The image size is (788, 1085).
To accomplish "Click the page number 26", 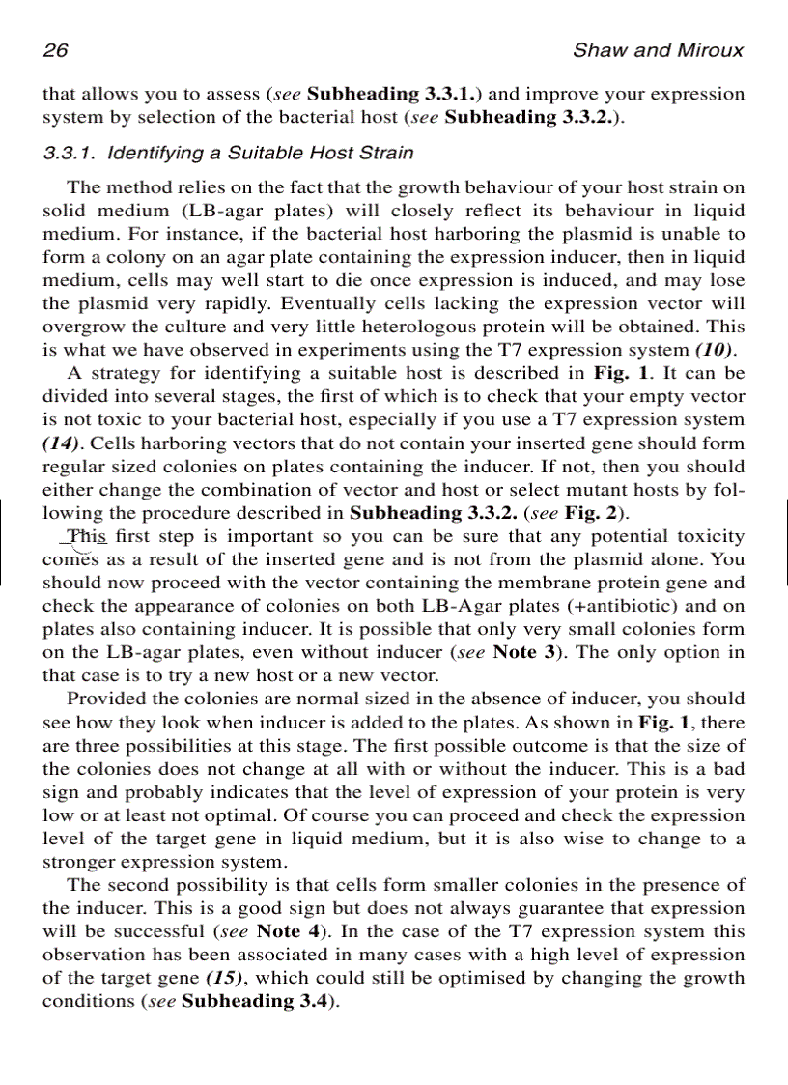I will click(54, 50).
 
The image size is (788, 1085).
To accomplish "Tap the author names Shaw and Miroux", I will click(658, 50).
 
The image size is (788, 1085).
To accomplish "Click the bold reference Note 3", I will click(527, 651).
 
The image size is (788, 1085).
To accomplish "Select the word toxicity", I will click(709, 535).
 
